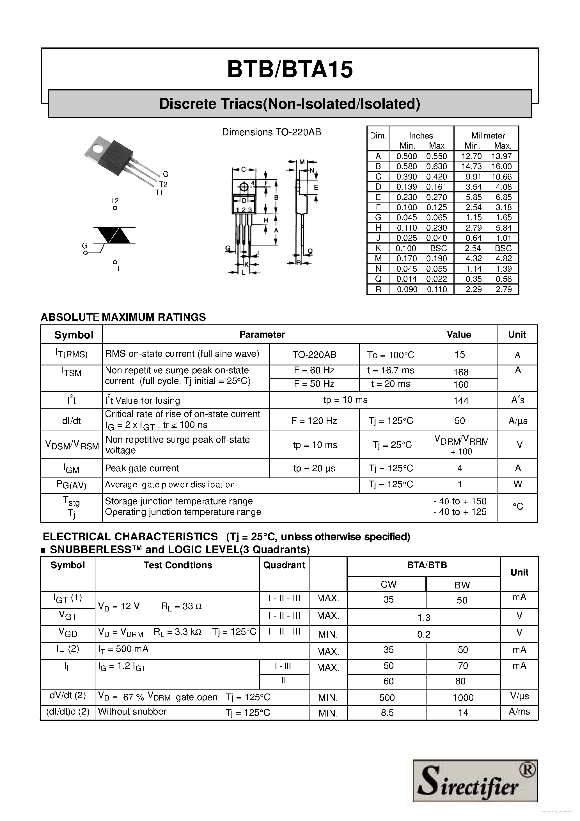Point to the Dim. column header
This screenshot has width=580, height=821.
point(378,136)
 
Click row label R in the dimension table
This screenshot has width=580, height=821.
point(378,289)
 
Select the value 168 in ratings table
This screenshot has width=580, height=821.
point(460,372)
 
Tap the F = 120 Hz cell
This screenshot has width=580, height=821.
point(314,420)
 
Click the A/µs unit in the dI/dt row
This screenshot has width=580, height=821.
point(517,421)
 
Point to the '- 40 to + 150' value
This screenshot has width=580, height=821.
point(460,501)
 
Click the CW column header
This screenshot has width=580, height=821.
point(388,584)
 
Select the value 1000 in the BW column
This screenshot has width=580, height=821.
point(463,698)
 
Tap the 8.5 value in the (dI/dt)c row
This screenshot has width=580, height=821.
point(387,713)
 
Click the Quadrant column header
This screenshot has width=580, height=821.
point(284,565)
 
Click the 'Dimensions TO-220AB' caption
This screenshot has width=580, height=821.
point(271,132)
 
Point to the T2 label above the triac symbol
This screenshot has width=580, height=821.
point(115,201)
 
